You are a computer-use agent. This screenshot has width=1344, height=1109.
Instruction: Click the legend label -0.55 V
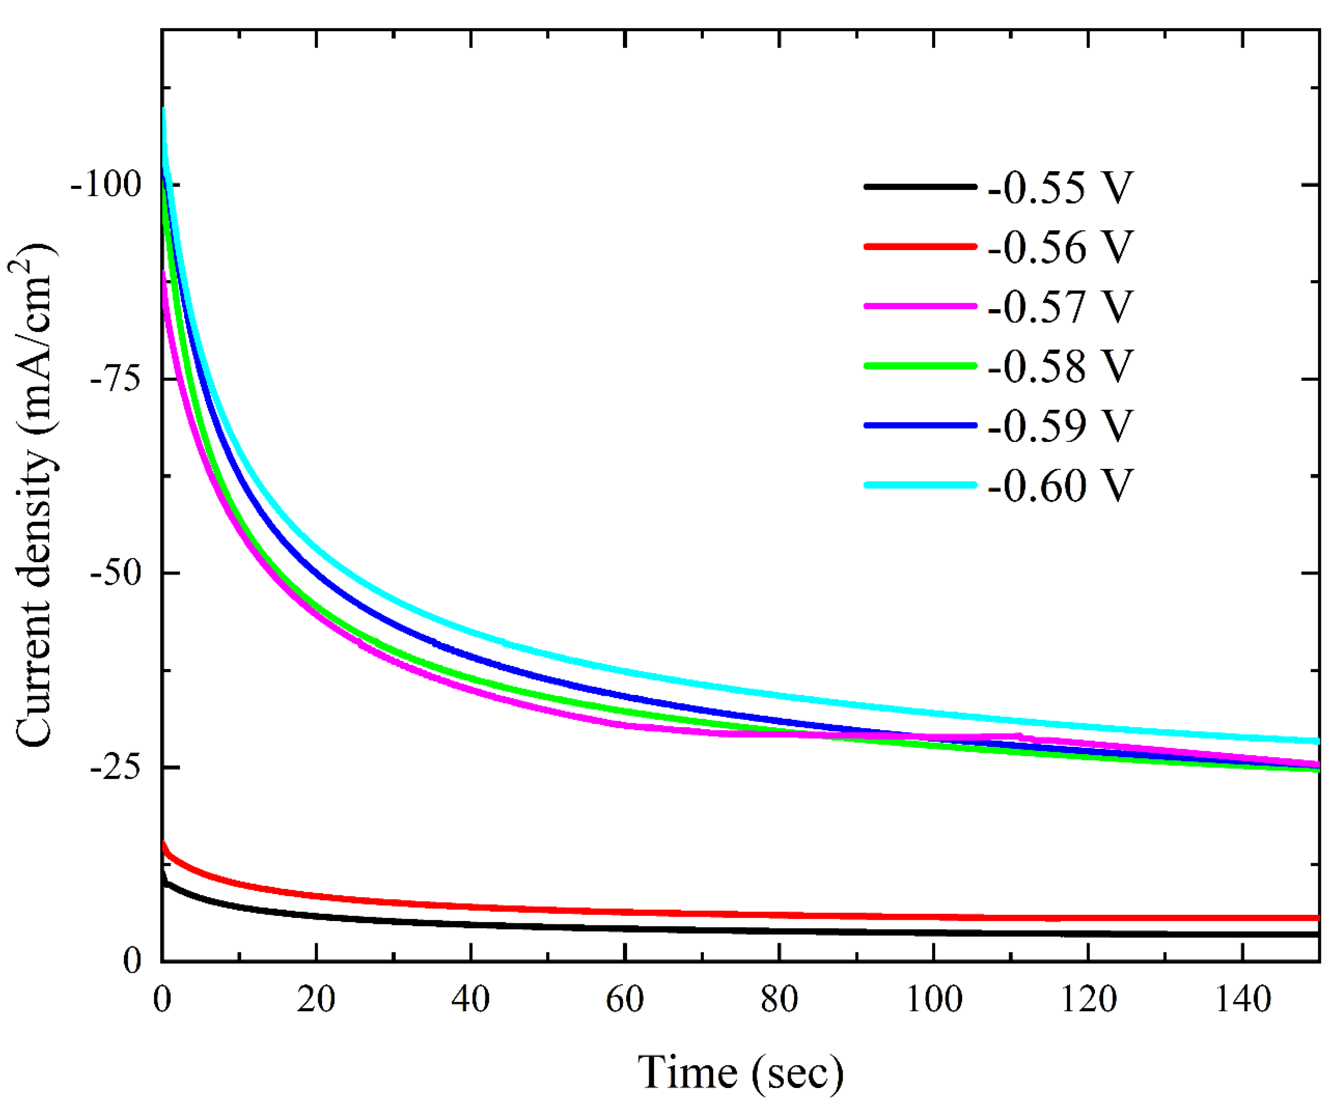tap(1060, 188)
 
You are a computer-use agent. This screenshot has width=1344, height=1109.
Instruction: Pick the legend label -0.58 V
tap(1060, 366)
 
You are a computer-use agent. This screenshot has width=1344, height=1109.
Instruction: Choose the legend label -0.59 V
tap(1060, 426)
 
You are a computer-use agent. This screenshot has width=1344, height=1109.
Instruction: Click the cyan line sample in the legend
tap(920, 485)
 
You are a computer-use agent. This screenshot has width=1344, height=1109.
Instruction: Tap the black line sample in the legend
tap(920, 187)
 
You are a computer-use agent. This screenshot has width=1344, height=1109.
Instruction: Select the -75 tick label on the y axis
tap(116, 379)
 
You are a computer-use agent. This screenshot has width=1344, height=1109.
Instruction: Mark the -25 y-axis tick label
tap(116, 768)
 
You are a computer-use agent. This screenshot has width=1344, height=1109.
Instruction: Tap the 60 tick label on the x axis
tap(625, 1000)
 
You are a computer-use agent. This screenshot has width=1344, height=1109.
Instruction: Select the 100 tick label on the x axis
tap(934, 1000)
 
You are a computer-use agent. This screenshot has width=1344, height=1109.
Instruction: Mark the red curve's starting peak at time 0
tap(164, 844)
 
